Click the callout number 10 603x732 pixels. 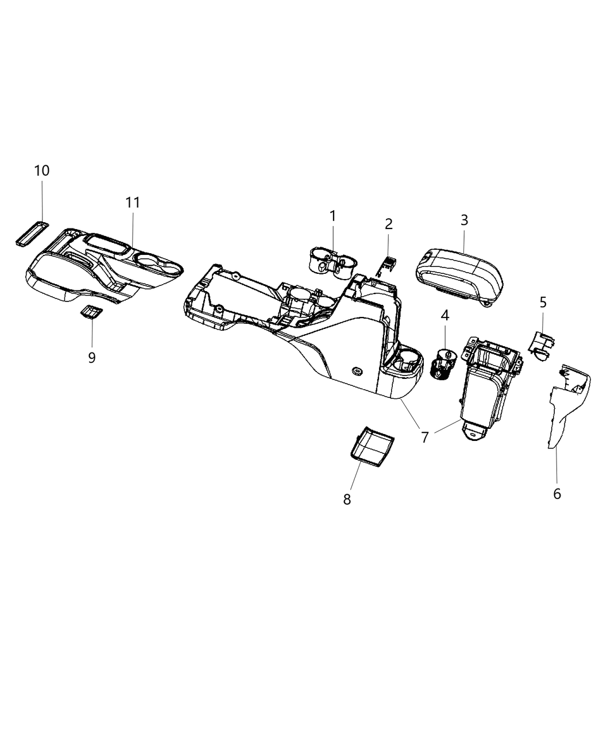[42, 171]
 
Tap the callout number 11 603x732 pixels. [133, 202]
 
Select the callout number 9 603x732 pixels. [92, 357]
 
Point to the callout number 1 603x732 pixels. [333, 216]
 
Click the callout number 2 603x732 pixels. [389, 223]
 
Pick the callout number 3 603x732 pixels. [464, 219]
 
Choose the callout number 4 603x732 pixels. [444, 315]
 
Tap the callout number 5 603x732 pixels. [543, 301]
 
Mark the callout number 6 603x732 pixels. [556, 493]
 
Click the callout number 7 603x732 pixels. [425, 437]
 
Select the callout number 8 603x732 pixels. [347, 499]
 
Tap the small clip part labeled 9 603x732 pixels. [91, 312]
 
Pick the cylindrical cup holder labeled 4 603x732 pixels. [443, 363]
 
